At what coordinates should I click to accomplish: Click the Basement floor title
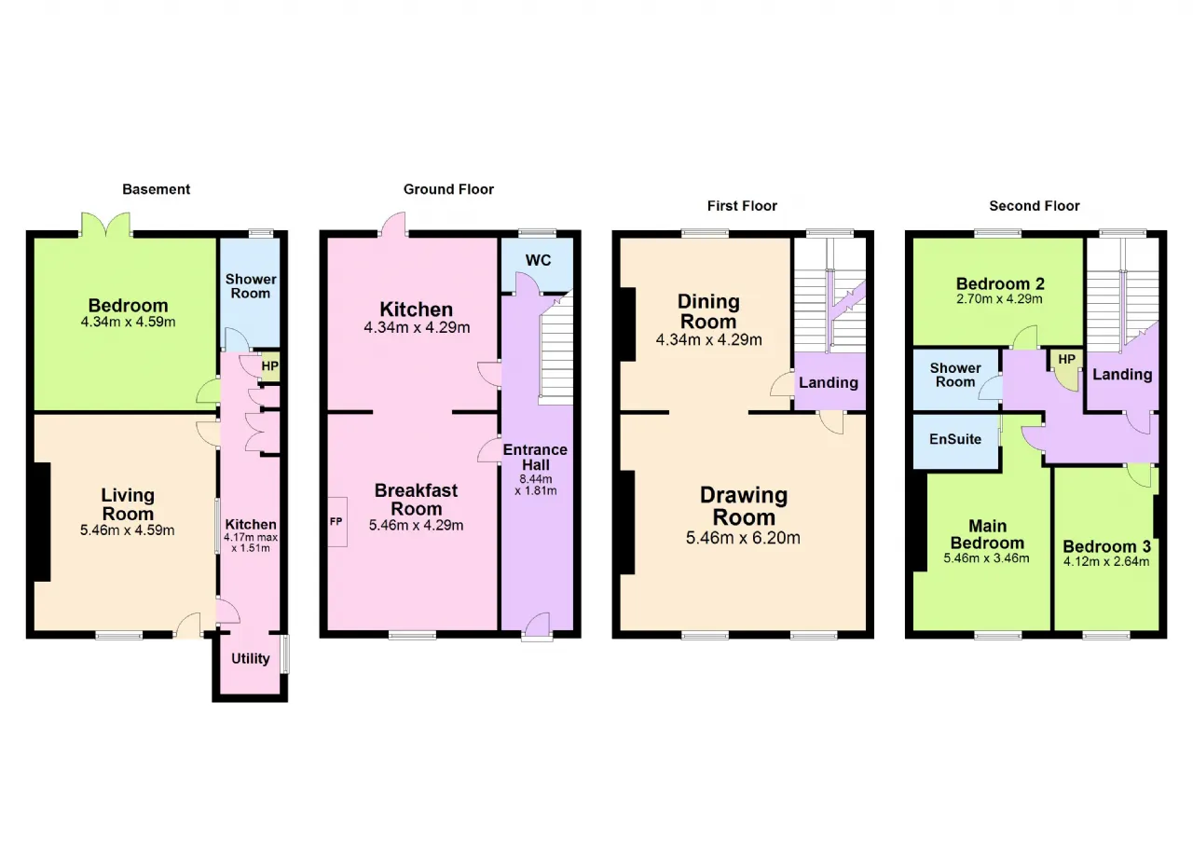coord(156,189)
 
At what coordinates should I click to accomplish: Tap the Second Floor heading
coord(1035,206)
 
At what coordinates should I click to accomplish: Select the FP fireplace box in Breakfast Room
coord(337,522)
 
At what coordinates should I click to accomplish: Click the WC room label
coord(538,260)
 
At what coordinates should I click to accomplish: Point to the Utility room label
coord(251,659)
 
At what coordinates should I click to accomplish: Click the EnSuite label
coord(955,439)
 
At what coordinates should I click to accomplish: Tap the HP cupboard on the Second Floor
coord(1067,368)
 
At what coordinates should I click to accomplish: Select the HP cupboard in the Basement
coord(270,366)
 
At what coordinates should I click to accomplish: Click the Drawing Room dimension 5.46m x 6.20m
coord(743,538)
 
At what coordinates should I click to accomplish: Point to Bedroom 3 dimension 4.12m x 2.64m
coord(1106,561)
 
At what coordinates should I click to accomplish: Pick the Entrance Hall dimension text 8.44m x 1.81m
coord(536,485)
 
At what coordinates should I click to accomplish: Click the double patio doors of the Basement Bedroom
coord(106,225)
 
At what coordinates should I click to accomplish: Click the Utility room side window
coord(285,654)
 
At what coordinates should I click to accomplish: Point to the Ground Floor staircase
coord(556,349)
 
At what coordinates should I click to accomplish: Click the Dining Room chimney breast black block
coord(628,324)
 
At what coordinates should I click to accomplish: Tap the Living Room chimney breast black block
coord(42,522)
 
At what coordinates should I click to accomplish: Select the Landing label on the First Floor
coord(829,382)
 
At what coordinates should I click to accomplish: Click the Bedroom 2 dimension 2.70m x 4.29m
coord(999,299)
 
